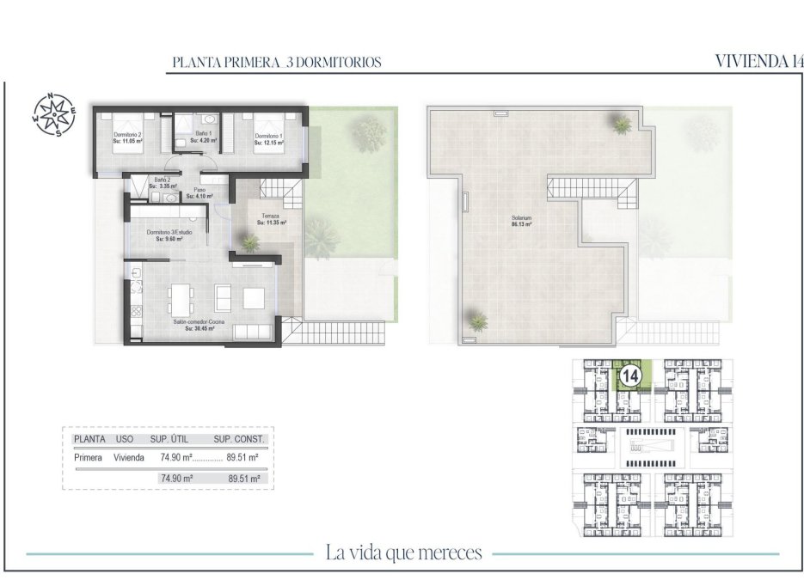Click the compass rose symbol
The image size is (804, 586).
(55, 115)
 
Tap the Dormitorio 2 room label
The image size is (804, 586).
(127, 135)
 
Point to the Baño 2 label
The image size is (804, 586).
(162, 180)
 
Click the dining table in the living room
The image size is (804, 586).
(181, 297)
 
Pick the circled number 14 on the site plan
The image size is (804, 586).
(630, 375)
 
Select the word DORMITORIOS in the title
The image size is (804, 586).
(341, 63)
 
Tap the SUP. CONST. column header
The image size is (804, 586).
(240, 439)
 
